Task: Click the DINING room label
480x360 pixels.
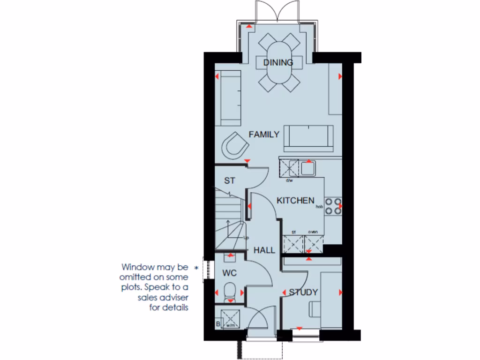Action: (278, 62)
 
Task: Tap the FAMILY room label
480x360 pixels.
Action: (264, 135)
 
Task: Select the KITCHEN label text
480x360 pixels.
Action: (295, 201)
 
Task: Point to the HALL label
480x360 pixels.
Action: (264, 250)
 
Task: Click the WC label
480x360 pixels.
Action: (230, 273)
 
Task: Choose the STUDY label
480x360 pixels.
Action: (303, 292)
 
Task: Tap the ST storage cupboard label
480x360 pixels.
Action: (229, 180)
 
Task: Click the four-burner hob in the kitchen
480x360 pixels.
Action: (333, 206)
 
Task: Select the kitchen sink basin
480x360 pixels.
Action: (308, 168)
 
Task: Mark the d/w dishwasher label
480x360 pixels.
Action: (289, 180)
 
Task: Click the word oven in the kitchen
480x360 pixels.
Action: (313, 232)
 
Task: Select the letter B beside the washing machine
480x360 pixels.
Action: (218, 323)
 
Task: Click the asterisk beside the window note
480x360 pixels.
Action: (196, 268)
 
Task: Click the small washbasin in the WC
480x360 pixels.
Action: (230, 257)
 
